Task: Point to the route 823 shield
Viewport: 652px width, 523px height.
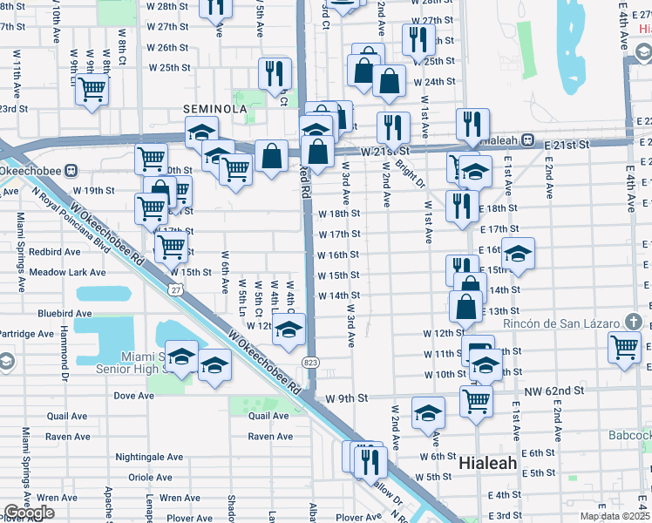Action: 310,362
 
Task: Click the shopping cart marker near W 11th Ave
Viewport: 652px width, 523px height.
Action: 92,89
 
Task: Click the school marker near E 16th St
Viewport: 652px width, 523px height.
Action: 518,253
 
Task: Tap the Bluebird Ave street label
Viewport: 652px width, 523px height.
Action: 65,313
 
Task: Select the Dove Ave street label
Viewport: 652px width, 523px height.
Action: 134,395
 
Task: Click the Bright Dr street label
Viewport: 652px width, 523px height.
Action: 410,172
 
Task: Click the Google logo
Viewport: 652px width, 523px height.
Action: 28,513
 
